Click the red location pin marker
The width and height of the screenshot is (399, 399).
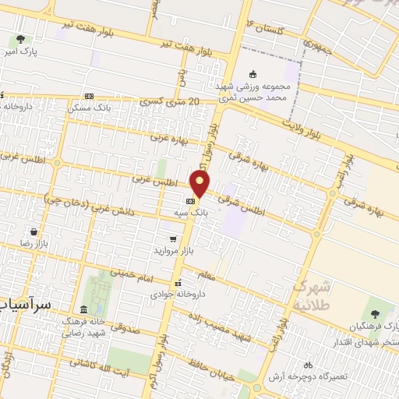pos(200,184)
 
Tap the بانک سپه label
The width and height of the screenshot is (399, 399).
pos(180,211)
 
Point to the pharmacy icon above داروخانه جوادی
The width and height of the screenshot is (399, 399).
pos(178,283)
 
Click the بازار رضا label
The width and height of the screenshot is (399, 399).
pos(34,244)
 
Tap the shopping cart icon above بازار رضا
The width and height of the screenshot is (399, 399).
pos(34,231)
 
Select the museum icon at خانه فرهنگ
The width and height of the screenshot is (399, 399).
pos(83,309)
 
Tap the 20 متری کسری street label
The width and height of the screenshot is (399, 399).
pos(173,102)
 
